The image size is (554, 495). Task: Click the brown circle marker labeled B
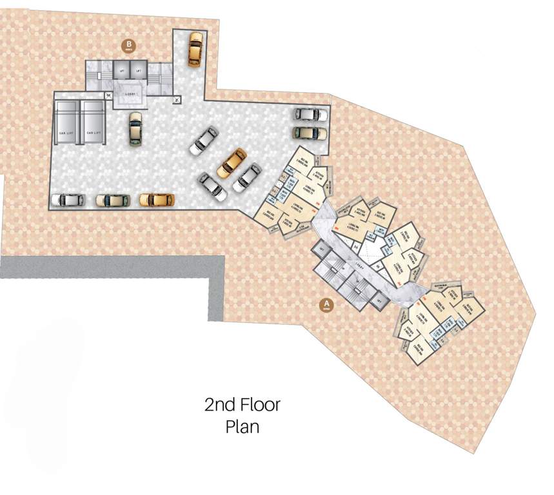(128, 46)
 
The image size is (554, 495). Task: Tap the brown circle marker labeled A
(327, 305)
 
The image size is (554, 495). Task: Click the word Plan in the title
(242, 426)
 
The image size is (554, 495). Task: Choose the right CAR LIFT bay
(92, 121)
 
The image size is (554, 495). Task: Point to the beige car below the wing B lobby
(135, 129)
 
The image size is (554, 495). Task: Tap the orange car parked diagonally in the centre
(232, 162)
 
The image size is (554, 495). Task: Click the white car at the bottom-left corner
(68, 200)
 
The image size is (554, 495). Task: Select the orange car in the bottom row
(157, 199)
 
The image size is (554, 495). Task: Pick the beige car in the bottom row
(113, 200)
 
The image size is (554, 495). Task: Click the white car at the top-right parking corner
(311, 114)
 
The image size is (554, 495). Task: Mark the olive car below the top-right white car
(311, 133)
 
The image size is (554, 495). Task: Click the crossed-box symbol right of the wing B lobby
(177, 100)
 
